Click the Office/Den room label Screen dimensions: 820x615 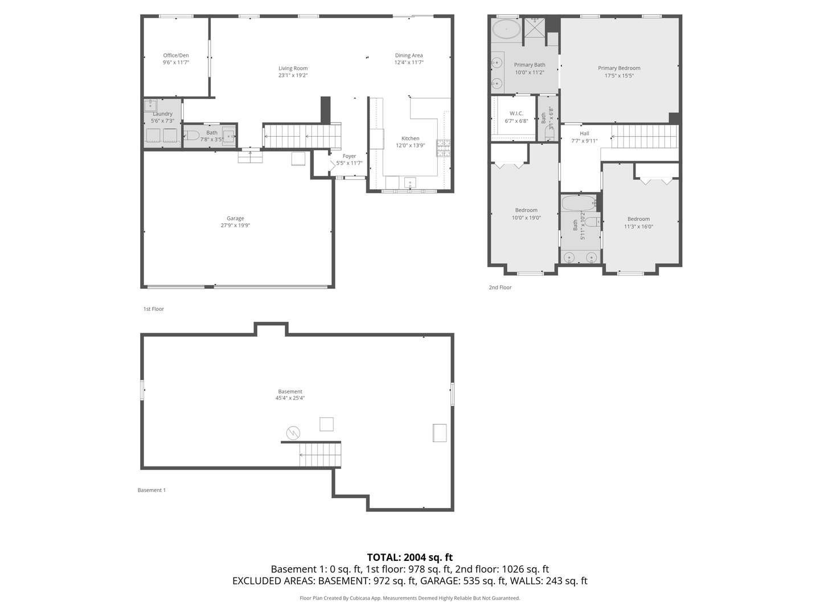point(175,55)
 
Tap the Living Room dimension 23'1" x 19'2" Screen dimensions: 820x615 point(293,75)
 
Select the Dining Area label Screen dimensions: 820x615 point(409,55)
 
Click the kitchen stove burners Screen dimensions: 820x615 point(443,148)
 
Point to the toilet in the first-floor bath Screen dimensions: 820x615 point(192,135)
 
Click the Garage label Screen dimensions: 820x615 point(235,218)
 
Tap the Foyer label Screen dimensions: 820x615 point(349,156)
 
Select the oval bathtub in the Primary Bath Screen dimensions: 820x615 point(506,28)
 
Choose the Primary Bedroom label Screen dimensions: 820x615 point(619,68)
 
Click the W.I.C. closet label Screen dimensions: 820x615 point(516,113)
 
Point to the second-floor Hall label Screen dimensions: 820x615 point(584,133)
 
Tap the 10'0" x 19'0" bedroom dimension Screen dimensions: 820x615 point(526,218)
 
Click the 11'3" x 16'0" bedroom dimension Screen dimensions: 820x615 point(638,226)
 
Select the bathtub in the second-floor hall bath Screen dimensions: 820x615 point(579,203)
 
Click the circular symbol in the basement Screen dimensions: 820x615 point(293,433)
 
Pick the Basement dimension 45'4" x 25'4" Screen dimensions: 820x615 point(290,398)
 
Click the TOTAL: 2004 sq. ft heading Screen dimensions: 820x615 point(410,557)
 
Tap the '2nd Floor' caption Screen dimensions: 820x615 point(500,287)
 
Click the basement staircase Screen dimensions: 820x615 point(320,455)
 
